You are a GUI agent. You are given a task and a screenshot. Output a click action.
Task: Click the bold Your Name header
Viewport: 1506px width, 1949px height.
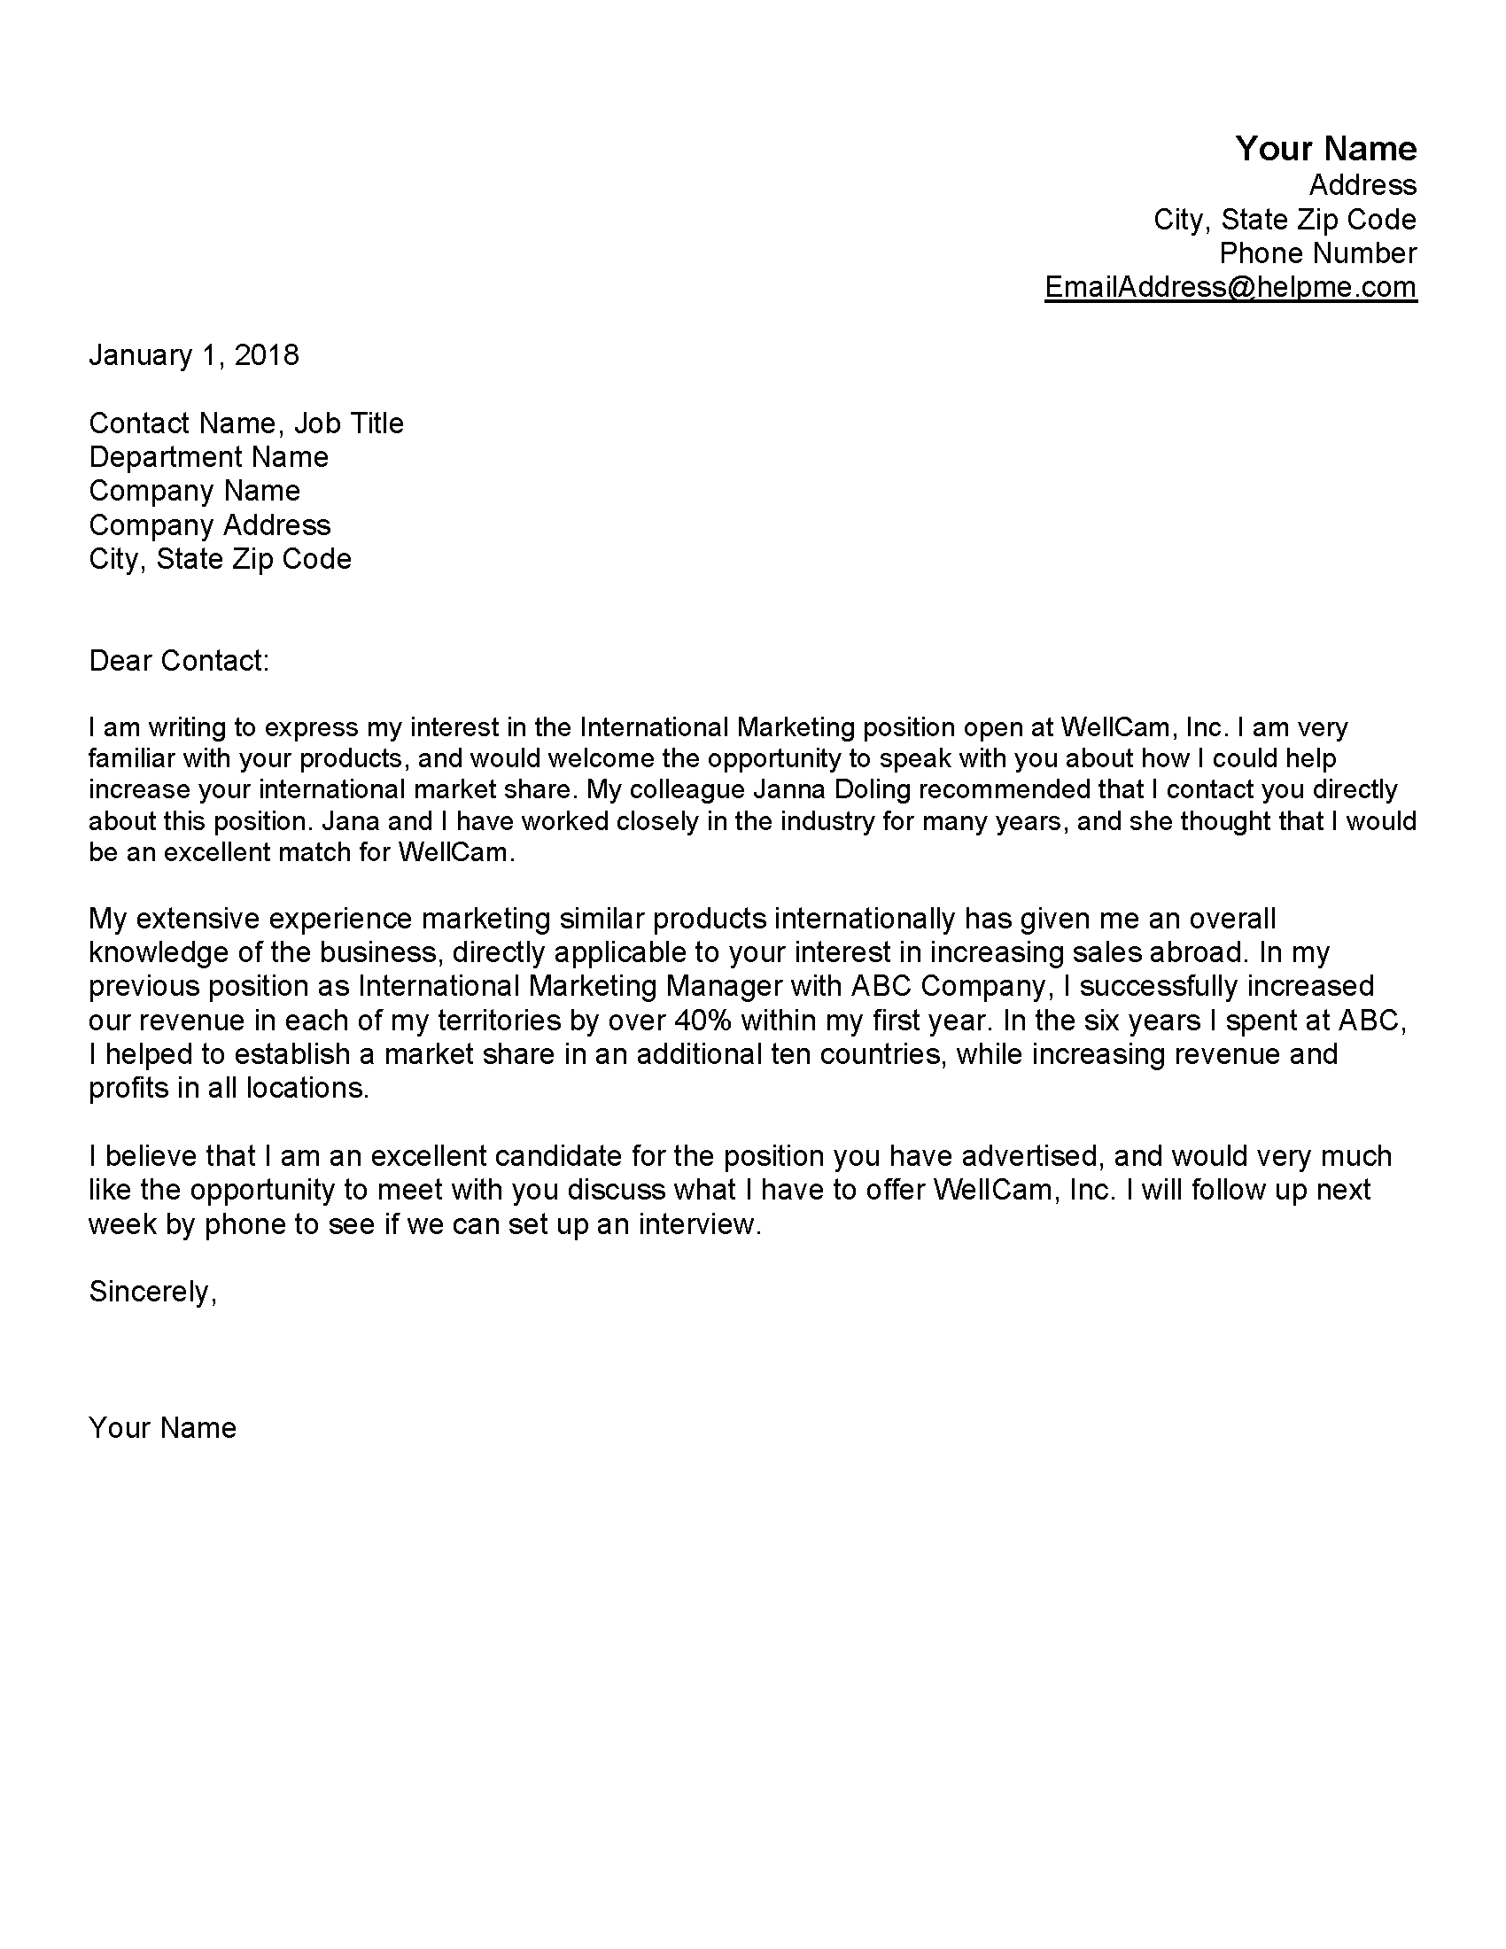tap(1325, 148)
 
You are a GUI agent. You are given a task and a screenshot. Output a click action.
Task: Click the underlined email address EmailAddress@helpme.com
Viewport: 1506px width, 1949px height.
tap(1230, 286)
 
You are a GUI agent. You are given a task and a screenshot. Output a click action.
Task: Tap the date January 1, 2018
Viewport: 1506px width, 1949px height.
tap(194, 355)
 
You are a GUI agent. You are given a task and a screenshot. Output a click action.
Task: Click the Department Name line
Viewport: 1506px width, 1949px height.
tap(209, 457)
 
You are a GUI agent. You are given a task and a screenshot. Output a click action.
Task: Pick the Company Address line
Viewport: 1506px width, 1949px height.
tap(210, 524)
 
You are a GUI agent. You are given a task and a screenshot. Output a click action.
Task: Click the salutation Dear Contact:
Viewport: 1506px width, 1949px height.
tap(178, 660)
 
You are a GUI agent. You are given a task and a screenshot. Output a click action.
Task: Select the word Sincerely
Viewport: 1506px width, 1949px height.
tap(150, 1292)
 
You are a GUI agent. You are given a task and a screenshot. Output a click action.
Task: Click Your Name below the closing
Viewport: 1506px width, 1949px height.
tap(162, 1427)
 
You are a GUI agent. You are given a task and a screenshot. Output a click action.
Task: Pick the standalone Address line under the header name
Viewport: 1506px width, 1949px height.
tap(1362, 185)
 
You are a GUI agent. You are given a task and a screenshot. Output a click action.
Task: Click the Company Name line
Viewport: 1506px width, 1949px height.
tap(195, 491)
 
